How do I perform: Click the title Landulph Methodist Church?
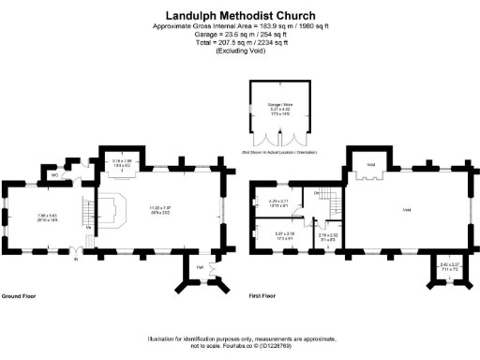[240, 16]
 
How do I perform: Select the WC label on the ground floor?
[56, 174]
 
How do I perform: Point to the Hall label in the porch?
[199, 267]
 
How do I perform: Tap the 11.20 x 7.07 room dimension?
[154, 209]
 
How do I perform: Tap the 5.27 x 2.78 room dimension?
[284, 235]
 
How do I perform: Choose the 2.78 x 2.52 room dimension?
[327, 236]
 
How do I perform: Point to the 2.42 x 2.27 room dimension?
[449, 266]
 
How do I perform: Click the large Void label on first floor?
[406, 210]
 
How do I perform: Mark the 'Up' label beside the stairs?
[88, 228]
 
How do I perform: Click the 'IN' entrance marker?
[77, 260]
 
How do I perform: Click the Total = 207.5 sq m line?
[240, 42]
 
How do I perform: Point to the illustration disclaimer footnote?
[240, 340]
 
